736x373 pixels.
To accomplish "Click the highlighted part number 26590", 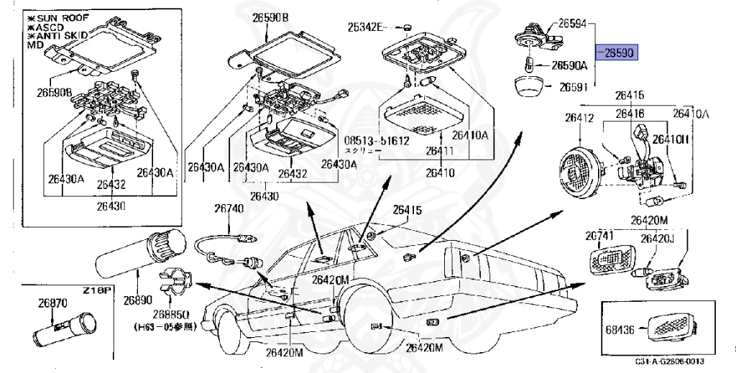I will tap(617, 53).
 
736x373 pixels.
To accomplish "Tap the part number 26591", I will tap(574, 87).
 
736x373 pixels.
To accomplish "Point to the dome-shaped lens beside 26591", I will tap(530, 87).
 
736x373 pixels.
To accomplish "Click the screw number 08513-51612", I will tap(377, 140).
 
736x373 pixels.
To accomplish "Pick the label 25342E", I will tap(367, 27).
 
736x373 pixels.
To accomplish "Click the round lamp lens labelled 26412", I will tap(580, 170).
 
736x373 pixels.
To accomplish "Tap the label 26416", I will tap(629, 114).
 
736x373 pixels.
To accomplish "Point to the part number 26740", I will tap(229, 208).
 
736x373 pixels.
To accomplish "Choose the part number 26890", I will tap(138, 298).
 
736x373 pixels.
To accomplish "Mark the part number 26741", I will tap(598, 235).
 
